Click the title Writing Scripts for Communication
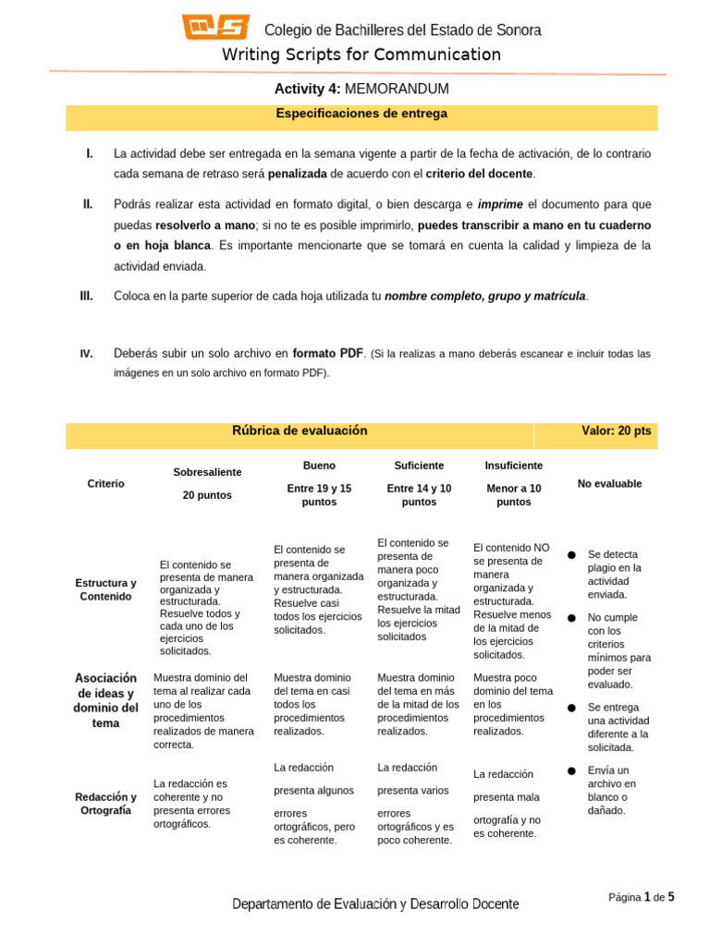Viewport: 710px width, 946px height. pyautogui.click(x=361, y=55)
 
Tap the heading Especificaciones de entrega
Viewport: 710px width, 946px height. pyautogui.click(x=361, y=115)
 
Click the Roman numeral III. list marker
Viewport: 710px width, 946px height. pyautogui.click(x=87, y=296)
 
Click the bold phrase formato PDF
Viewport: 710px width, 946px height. pyautogui.click(x=327, y=353)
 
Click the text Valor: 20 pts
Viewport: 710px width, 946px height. pyautogui.click(x=616, y=431)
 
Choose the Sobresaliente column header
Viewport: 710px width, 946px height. pyautogui.click(x=207, y=472)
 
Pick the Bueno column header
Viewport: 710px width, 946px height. pyautogui.click(x=319, y=466)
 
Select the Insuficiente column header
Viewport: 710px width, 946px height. pyautogui.click(x=513, y=466)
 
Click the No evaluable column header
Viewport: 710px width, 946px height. pyautogui.click(x=609, y=484)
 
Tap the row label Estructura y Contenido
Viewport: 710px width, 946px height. pyautogui.click(x=105, y=589)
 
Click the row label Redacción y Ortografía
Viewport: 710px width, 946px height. pyautogui.click(x=105, y=804)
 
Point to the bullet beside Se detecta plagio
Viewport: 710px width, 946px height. pyautogui.click(x=572, y=554)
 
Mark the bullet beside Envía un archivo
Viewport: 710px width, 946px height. pyautogui.click(x=572, y=770)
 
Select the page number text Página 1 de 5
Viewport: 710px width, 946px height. pyautogui.click(x=642, y=896)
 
